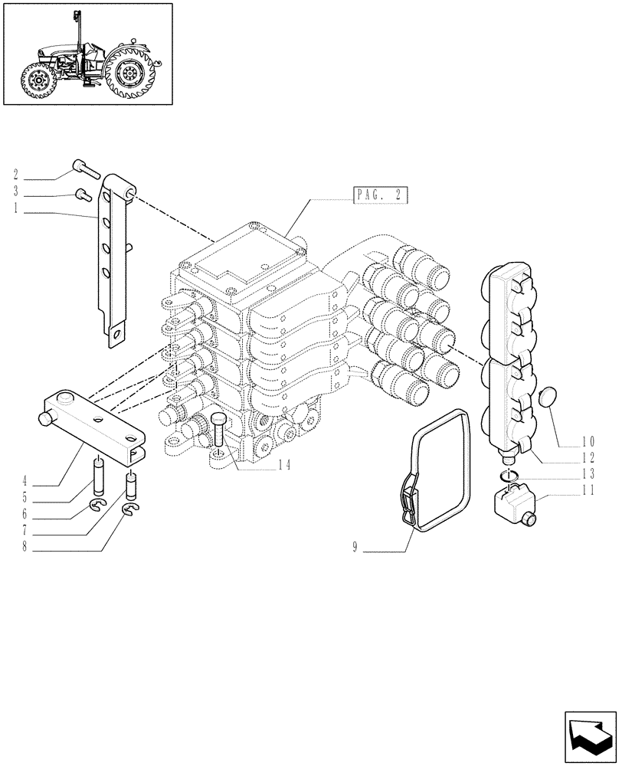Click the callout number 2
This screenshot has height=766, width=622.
pos(16,175)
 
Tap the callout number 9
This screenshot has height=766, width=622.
pos(355,548)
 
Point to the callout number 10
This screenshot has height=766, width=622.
pos(588,441)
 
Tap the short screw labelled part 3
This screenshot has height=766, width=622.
pos(82,195)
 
